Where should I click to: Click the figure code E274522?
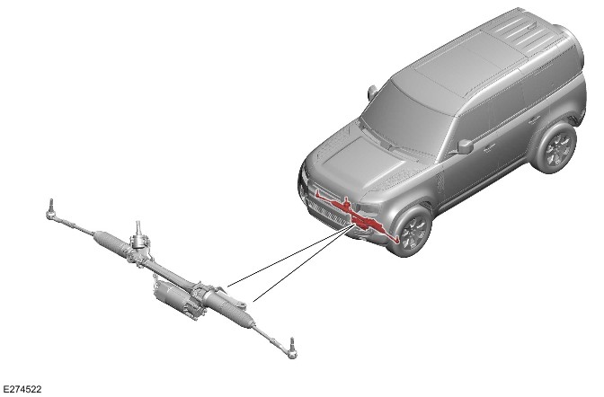(x=22, y=389)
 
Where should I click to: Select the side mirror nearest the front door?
(x=465, y=146)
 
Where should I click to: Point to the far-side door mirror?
(x=372, y=93)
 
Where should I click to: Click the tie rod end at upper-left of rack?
(x=51, y=210)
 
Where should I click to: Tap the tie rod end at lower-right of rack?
(x=291, y=348)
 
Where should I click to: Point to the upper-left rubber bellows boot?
(x=110, y=242)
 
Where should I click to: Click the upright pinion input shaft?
(x=138, y=230)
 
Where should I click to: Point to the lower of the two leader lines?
(x=304, y=263)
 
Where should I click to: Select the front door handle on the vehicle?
(x=489, y=146)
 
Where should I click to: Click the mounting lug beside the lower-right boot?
(x=241, y=305)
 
